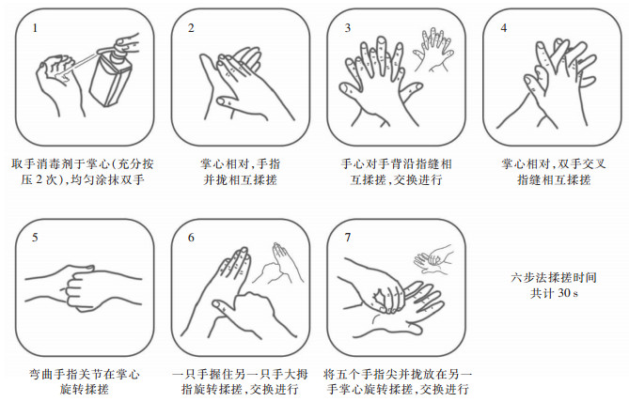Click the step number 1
(36, 28)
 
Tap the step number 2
(191, 28)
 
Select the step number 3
(347, 28)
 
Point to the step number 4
(503, 28)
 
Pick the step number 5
(36, 238)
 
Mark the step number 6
(191, 238)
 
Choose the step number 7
(347, 238)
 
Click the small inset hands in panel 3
(433, 50)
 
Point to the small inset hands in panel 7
(434, 259)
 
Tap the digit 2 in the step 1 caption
(39, 179)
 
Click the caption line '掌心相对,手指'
(241, 164)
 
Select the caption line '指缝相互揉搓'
(554, 179)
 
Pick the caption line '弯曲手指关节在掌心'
(85, 374)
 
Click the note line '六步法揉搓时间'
(554, 277)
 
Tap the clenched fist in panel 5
(79, 287)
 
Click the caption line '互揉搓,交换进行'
(396, 179)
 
